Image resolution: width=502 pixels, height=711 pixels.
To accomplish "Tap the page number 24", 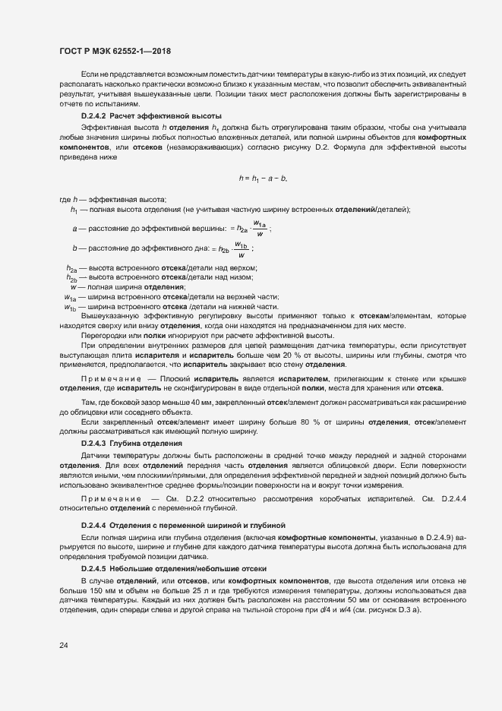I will pyautogui.click(x=63, y=646).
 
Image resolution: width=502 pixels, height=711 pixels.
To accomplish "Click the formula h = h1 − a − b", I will pyautogui.click(x=263, y=179).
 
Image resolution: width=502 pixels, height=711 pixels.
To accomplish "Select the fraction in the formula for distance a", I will pyautogui.click(x=259, y=228).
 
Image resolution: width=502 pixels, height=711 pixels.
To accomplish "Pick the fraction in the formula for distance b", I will pyautogui.click(x=242, y=249).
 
